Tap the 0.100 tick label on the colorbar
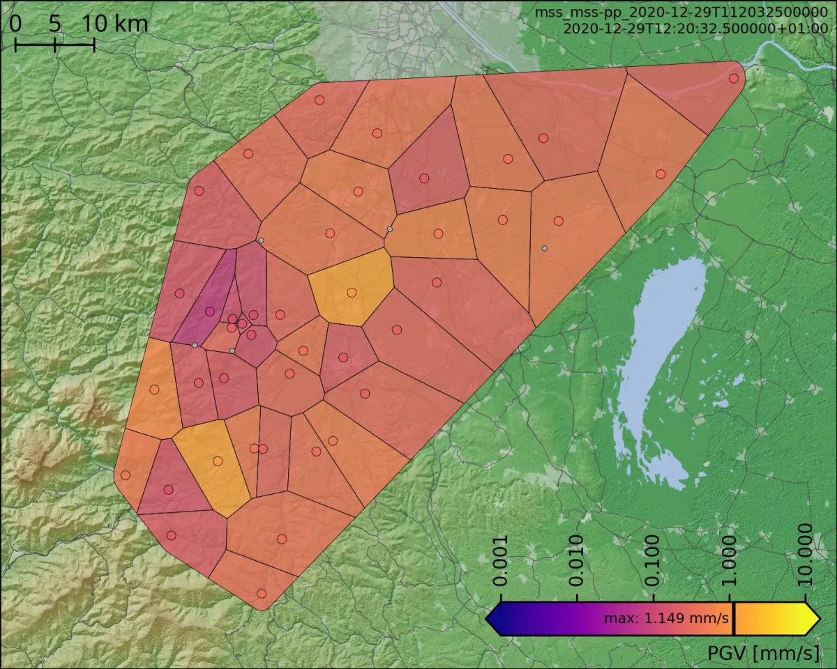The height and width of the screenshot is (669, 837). tap(654, 562)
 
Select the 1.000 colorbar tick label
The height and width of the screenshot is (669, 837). tap(730, 562)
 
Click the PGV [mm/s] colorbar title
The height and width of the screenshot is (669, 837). tap(763, 653)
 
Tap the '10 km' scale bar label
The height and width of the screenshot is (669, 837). tap(115, 24)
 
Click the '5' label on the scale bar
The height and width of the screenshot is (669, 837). tap(54, 24)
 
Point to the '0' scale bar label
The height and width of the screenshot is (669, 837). tap(15, 24)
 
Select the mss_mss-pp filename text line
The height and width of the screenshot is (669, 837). tap(681, 13)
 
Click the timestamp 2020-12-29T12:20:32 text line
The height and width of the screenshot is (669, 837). tap(695, 29)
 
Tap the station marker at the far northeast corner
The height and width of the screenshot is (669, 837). tap(733, 78)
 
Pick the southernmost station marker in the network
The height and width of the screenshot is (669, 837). tap(262, 593)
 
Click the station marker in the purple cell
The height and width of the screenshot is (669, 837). tap(210, 312)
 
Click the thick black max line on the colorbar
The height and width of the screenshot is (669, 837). tap(734, 618)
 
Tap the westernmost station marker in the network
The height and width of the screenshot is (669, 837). tap(126, 475)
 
